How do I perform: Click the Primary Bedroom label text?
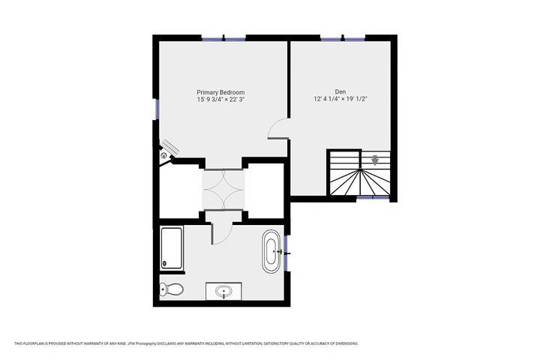coord(220,91)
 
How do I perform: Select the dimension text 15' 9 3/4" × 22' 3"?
coord(220,99)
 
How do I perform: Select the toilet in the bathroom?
coord(172,290)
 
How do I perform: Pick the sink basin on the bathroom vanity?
coord(223,291)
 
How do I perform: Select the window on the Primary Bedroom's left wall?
coord(156,109)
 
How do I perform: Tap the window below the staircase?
coord(365,198)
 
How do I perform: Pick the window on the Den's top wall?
coord(343,37)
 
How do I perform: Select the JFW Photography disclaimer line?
coord(186,343)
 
